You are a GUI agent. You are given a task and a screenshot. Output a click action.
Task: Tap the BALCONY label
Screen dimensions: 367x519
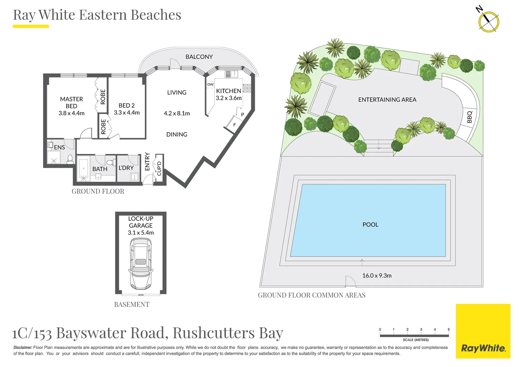pyautogui.click(x=199, y=57)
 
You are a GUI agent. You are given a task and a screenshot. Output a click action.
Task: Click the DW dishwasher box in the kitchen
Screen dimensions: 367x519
pyautogui.click(x=210, y=84)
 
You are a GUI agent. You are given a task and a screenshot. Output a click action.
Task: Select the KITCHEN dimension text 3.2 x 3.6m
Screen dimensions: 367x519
pyautogui.click(x=228, y=98)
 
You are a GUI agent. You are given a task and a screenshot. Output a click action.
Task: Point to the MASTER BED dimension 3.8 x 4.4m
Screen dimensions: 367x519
pyautogui.click(x=71, y=113)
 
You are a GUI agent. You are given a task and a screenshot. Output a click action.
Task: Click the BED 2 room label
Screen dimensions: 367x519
pyautogui.click(x=126, y=105)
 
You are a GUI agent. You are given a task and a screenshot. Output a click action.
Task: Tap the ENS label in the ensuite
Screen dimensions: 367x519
pyautogui.click(x=59, y=147)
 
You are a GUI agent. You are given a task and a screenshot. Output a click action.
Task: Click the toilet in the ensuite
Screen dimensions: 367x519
pyautogui.click(x=70, y=159)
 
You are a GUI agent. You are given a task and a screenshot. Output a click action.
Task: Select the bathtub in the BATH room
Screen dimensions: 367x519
pyautogui.click(x=84, y=169)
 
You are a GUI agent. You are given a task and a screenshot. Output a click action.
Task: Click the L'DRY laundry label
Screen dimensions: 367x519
pyautogui.click(x=126, y=168)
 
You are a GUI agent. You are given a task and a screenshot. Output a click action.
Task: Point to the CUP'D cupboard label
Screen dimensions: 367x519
pyautogui.click(x=159, y=168)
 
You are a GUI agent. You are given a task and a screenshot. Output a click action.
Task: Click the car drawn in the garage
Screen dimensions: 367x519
pyautogui.click(x=141, y=263)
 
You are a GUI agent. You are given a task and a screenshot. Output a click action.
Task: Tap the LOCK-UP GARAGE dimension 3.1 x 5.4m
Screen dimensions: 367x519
pyautogui.click(x=141, y=233)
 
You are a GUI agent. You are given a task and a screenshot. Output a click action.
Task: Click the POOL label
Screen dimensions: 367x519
pyautogui.click(x=370, y=225)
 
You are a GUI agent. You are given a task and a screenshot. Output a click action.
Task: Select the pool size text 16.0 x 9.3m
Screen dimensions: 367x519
pyautogui.click(x=377, y=276)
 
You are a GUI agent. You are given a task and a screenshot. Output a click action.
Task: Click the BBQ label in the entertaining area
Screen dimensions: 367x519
pyautogui.click(x=470, y=117)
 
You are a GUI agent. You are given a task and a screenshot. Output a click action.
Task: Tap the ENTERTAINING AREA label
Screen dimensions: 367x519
pyautogui.click(x=387, y=100)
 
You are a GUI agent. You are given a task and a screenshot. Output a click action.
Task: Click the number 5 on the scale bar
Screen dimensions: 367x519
pyautogui.click(x=448, y=329)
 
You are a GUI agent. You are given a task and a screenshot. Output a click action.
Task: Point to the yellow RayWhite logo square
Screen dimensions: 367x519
pyautogui.click(x=483, y=331)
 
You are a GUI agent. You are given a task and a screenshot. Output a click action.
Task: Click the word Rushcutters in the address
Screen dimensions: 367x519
pyautogui.click(x=213, y=333)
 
